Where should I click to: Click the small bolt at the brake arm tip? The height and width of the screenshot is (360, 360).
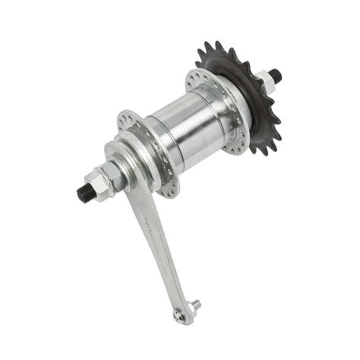tap(196, 305)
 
